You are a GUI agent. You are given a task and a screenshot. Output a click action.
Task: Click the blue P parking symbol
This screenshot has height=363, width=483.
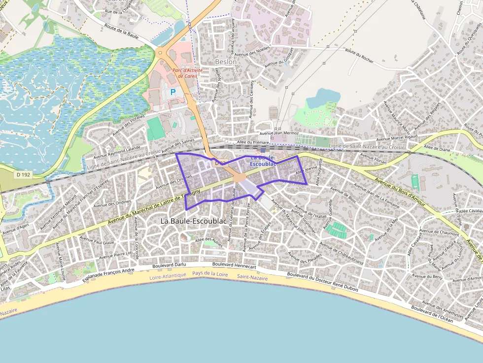pos(173,92)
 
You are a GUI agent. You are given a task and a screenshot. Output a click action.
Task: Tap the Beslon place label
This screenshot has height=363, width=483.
pos(226,62)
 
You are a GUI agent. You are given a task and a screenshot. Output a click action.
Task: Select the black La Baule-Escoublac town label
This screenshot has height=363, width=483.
pos(194,222)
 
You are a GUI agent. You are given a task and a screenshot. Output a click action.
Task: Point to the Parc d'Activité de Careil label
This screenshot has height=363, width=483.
pos(187,73)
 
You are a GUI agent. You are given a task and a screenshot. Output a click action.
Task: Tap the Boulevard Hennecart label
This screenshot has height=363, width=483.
pos(234,265)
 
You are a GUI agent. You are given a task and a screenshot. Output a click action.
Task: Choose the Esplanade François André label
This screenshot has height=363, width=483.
pos(108,274)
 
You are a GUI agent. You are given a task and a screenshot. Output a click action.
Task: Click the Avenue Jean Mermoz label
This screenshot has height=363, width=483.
pos(279,133)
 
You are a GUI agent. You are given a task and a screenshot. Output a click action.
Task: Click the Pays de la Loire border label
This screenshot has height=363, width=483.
pos(210,273)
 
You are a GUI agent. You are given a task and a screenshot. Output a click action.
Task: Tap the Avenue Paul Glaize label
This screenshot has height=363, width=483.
pos(97,241)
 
